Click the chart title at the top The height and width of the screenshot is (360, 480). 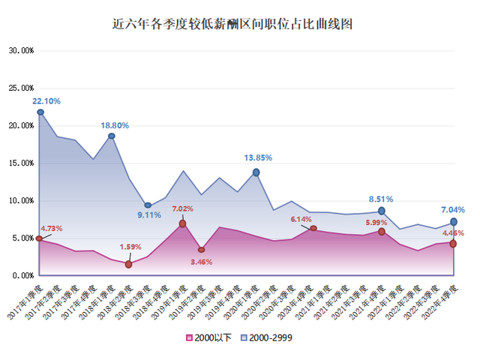point(239,24)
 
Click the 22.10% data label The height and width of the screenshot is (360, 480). point(46,100)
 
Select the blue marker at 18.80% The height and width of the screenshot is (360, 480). point(112,136)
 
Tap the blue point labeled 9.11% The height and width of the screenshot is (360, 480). point(148,205)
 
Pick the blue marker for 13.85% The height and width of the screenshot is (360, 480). point(256,172)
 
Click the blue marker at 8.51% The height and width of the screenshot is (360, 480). point(382,211)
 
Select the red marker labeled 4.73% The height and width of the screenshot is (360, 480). point(39,238)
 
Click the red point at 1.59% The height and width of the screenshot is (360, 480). point(129,264)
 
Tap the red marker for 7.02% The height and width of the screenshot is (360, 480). point(182,223)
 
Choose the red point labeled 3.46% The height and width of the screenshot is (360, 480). point(201,249)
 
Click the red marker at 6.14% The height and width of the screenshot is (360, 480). point(313,228)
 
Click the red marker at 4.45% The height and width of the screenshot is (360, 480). point(454,243)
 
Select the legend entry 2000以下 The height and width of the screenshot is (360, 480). point(211,337)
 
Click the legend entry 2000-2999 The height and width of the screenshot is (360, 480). point(267,337)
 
